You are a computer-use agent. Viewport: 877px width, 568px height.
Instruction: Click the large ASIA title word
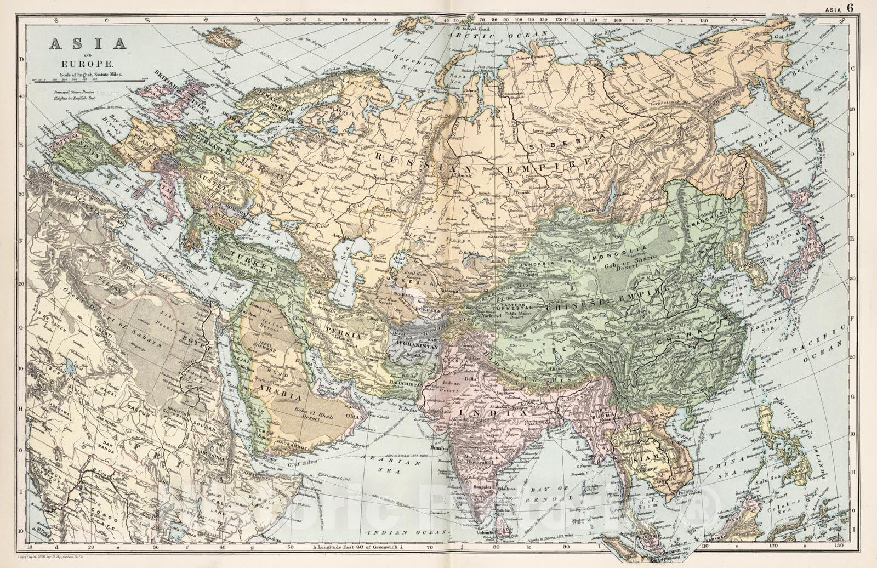88,43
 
